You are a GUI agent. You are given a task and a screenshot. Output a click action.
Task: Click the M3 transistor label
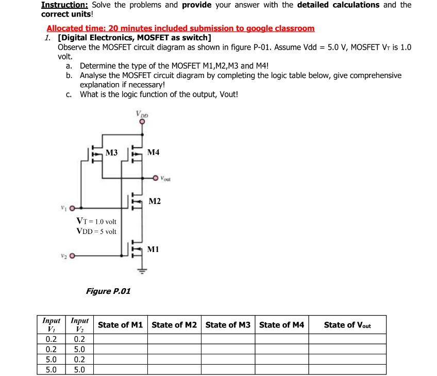[111, 152]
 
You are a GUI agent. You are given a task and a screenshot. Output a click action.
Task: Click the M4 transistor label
[153, 152]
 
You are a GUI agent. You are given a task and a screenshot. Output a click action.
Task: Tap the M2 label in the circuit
[154, 201]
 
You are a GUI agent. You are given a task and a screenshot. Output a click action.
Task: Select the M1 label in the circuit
[153, 249]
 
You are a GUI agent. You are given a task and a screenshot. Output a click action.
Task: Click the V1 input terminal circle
[73, 209]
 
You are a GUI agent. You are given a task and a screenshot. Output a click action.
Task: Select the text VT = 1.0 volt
[96, 221]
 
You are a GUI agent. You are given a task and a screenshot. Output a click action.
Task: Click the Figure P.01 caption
[108, 291]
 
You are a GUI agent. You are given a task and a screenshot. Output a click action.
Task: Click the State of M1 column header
[120, 325]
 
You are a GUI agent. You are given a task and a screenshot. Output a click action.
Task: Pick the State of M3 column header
[228, 325]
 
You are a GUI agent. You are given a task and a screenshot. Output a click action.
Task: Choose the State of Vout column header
[347, 325]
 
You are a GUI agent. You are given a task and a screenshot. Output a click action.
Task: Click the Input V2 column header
[79, 325]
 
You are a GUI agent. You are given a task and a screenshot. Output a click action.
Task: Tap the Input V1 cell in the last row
[51, 370]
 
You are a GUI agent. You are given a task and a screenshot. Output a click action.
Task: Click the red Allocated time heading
[180, 28]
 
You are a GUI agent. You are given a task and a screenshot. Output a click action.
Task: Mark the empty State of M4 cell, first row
[281, 339]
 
